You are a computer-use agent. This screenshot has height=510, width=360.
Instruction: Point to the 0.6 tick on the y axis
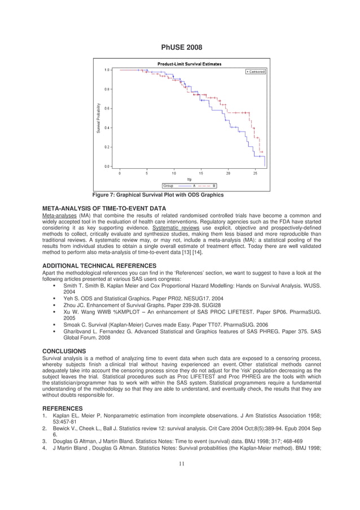[107, 108]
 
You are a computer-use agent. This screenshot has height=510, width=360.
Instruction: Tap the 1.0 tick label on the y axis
[107, 70]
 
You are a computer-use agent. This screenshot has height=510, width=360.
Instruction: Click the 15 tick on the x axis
[201, 173]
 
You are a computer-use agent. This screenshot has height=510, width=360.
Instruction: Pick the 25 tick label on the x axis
[255, 173]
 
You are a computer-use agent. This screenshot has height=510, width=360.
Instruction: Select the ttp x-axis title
[189, 180]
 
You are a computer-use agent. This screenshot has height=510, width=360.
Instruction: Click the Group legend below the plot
[190, 185]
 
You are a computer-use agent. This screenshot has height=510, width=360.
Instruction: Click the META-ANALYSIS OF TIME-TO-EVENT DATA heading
[104, 209]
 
